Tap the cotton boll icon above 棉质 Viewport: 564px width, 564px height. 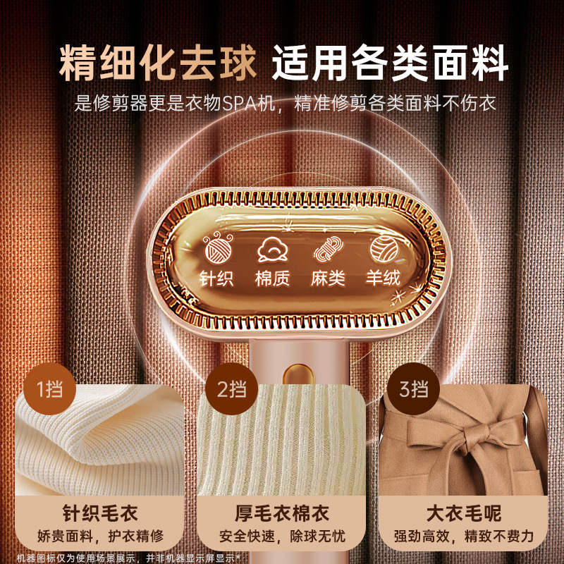coord(273,249)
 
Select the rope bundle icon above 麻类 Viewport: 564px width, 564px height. coord(328,248)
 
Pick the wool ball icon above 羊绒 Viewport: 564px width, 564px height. coord(384,248)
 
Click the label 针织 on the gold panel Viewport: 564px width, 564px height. coord(216,278)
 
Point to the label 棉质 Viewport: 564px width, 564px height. coord(272,278)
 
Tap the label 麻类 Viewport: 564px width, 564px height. coord(328,278)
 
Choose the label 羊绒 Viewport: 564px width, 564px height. coord(384,278)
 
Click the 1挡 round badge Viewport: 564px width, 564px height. coord(49,389)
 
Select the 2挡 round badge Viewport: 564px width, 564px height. coord(232,389)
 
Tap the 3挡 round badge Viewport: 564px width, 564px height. coord(414,389)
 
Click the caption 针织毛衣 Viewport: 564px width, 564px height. coord(100,513)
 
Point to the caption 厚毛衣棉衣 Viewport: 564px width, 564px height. coord(282,513)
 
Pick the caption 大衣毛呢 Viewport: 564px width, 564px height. coord(464,513)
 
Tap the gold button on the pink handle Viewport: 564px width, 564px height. coord(298,374)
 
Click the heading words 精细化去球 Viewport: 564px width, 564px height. coord(158,63)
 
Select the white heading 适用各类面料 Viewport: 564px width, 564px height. coord(390,63)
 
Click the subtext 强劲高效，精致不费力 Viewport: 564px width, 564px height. coord(464,536)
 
